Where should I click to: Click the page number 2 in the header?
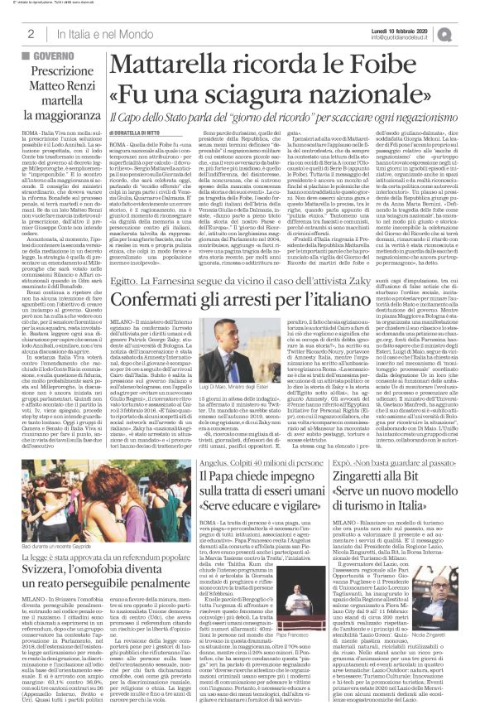tap(30, 33)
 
